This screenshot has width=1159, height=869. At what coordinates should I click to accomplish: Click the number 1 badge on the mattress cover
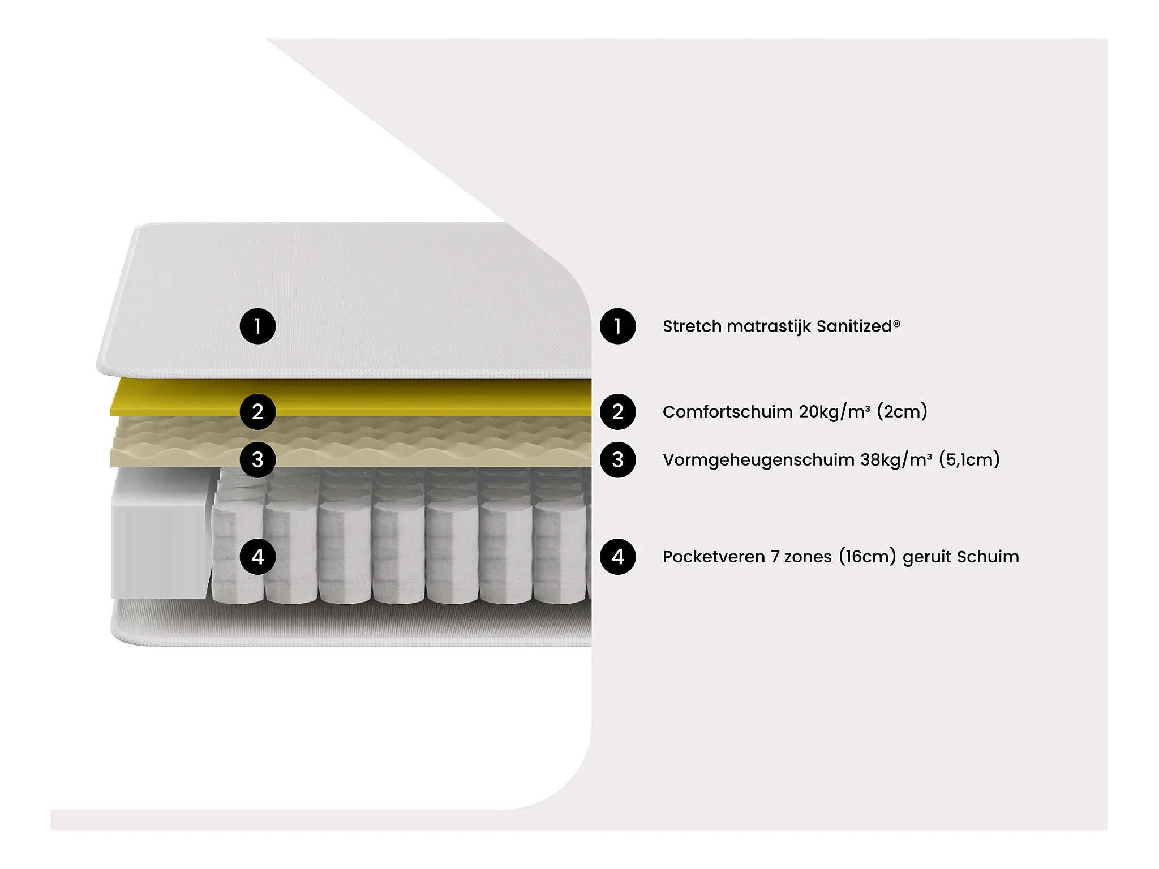tap(257, 326)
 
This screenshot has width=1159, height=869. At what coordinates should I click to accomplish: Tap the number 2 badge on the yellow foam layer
tap(257, 412)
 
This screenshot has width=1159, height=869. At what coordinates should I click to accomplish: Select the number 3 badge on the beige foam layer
tap(257, 459)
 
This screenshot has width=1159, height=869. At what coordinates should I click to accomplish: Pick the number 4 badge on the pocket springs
tap(257, 557)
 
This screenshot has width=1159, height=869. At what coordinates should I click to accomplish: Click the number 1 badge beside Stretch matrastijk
tap(617, 326)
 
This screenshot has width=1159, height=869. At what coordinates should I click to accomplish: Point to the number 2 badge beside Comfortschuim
tap(617, 412)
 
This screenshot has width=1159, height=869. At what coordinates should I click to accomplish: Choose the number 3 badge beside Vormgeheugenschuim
tap(617, 459)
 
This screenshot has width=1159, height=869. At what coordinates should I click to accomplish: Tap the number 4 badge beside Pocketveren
tap(617, 557)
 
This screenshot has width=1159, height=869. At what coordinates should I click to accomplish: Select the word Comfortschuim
tap(728, 412)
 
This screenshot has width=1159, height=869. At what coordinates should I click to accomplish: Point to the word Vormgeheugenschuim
tap(758, 460)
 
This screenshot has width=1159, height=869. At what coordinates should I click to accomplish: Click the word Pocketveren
tap(714, 557)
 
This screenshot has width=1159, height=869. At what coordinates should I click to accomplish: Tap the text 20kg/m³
tap(835, 412)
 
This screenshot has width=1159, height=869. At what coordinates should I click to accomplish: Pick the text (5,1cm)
tap(969, 459)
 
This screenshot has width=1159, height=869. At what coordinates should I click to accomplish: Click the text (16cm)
tap(867, 557)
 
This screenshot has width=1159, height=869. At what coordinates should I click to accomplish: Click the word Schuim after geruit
tap(988, 557)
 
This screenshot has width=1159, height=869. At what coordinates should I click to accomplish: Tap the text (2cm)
tap(902, 412)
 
